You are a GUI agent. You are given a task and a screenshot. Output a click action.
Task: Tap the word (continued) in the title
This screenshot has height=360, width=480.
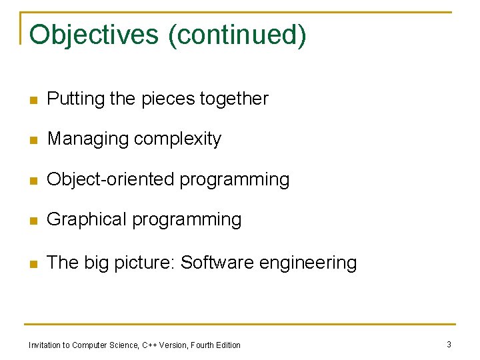click(x=238, y=35)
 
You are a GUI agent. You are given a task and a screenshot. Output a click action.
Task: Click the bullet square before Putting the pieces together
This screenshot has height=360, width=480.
click(x=33, y=101)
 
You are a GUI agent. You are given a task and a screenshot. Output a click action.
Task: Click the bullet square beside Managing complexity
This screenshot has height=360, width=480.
click(x=33, y=141)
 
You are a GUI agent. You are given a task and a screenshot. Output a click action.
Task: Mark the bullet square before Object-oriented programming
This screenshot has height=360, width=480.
click(x=33, y=181)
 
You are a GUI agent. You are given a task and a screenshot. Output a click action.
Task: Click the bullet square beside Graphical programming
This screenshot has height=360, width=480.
click(x=33, y=221)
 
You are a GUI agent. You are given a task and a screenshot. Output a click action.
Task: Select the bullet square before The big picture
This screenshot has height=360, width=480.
click(x=33, y=264)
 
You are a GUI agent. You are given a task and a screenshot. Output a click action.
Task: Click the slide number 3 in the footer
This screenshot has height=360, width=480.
click(x=449, y=344)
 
